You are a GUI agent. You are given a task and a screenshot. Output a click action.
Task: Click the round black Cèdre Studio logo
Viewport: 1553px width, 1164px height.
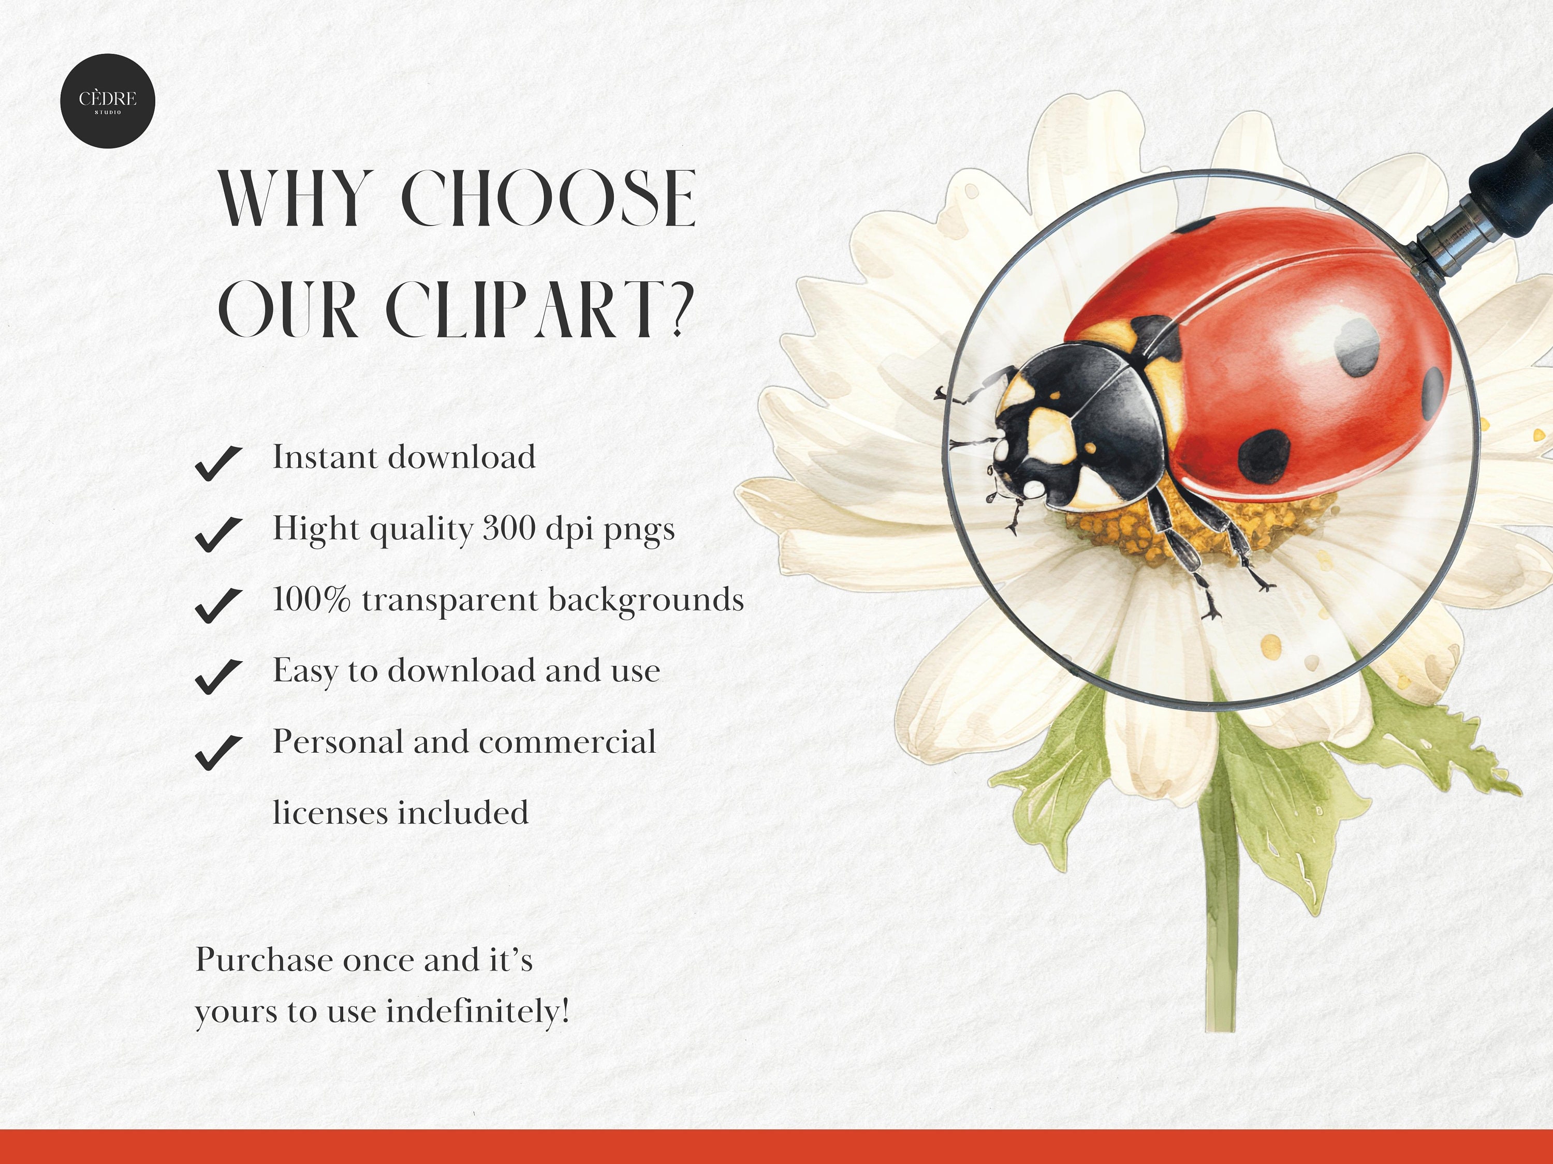[x=108, y=101]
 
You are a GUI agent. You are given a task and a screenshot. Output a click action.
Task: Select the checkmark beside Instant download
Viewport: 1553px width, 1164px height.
[x=218, y=463]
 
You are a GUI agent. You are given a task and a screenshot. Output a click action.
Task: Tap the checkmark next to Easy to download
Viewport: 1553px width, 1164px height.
[x=218, y=676]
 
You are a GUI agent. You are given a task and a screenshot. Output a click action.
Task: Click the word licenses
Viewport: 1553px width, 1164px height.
[x=330, y=813]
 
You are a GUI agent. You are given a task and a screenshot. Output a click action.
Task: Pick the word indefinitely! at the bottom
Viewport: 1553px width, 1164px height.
[x=478, y=1012]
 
